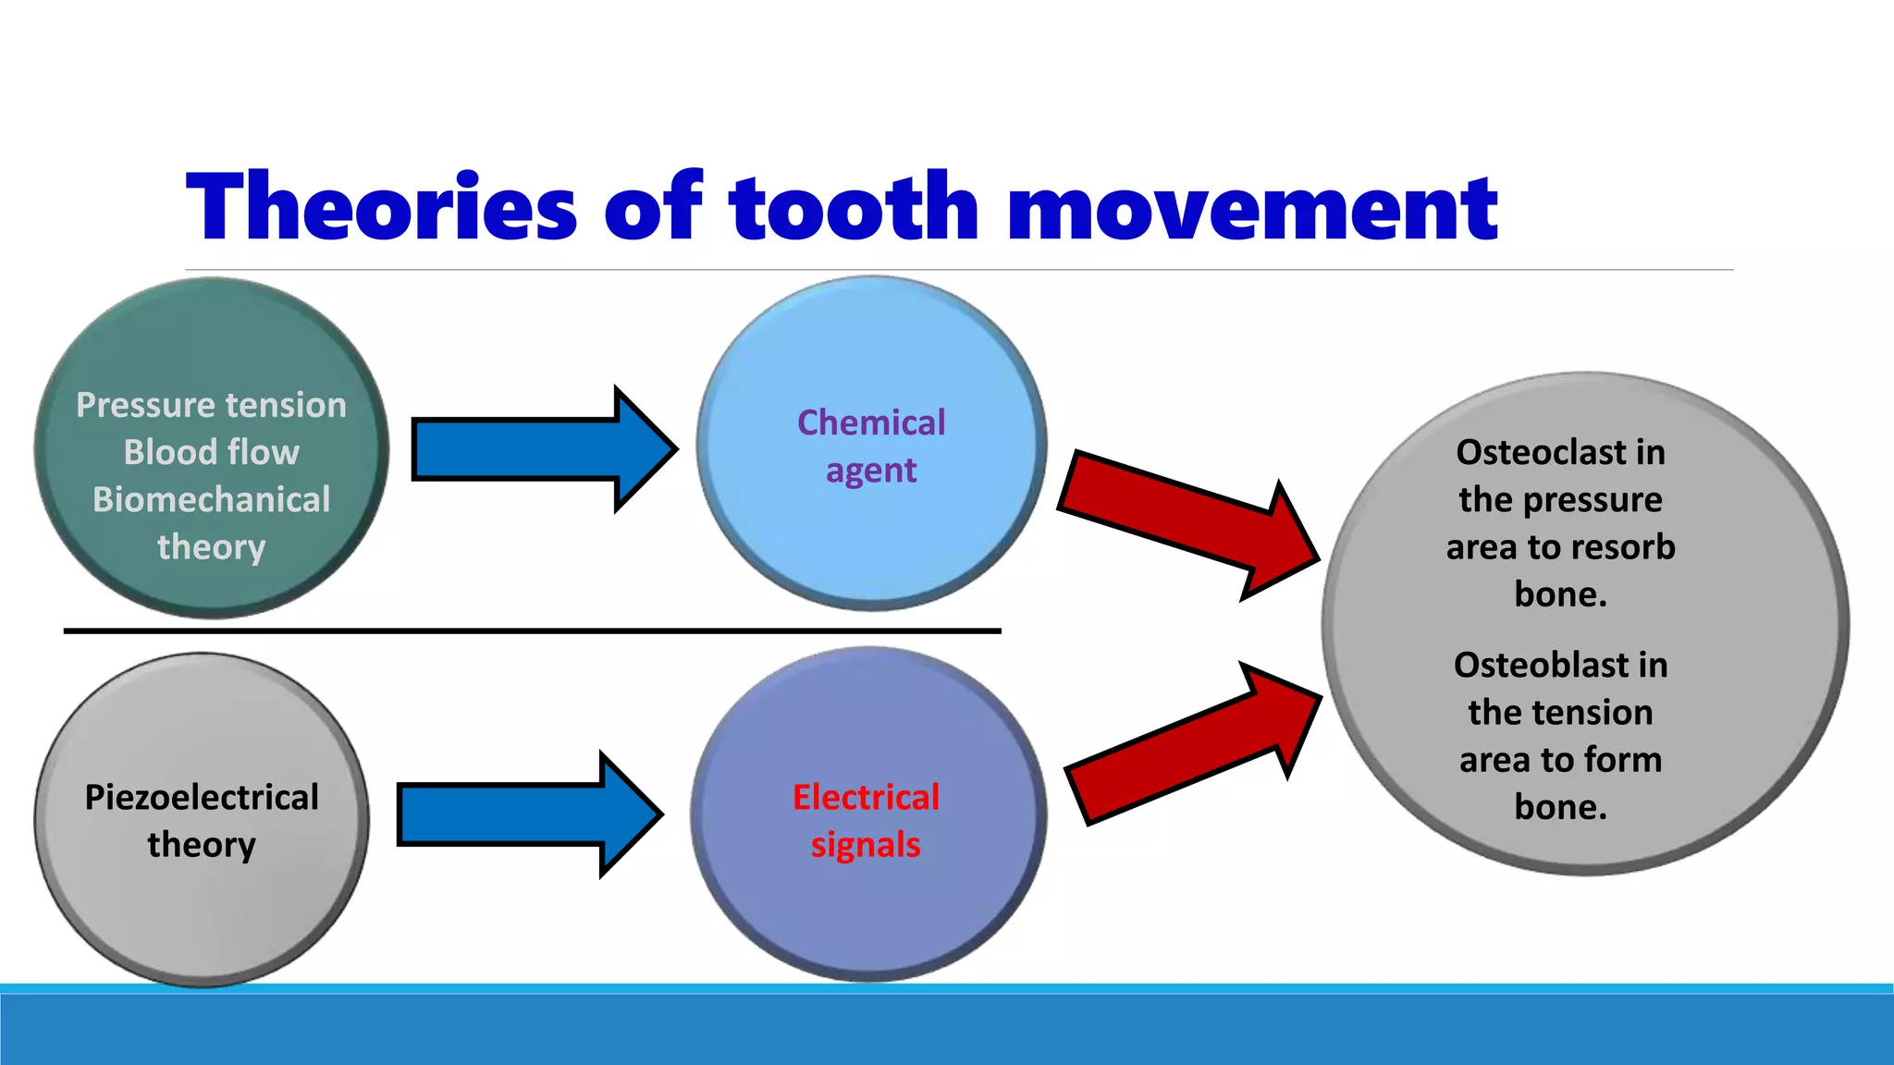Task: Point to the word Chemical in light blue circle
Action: point(871,422)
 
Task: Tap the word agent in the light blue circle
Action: point(871,471)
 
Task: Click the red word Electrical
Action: point(866,797)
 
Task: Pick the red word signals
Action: point(866,845)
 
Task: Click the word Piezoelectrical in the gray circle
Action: point(202,797)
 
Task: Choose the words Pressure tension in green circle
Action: point(211,405)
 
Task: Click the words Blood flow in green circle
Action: point(211,452)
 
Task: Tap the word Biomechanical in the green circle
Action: point(211,499)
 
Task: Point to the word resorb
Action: point(1630,547)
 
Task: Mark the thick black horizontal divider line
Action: point(532,630)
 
